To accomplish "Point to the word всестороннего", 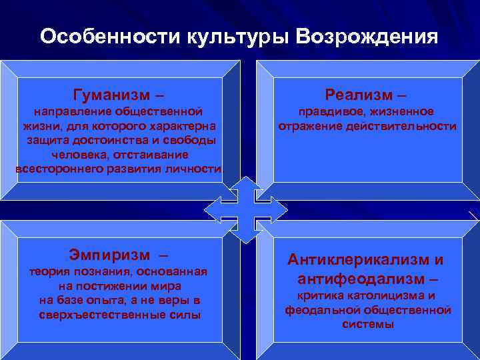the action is point(59,169).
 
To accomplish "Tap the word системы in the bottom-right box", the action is point(367,325).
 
